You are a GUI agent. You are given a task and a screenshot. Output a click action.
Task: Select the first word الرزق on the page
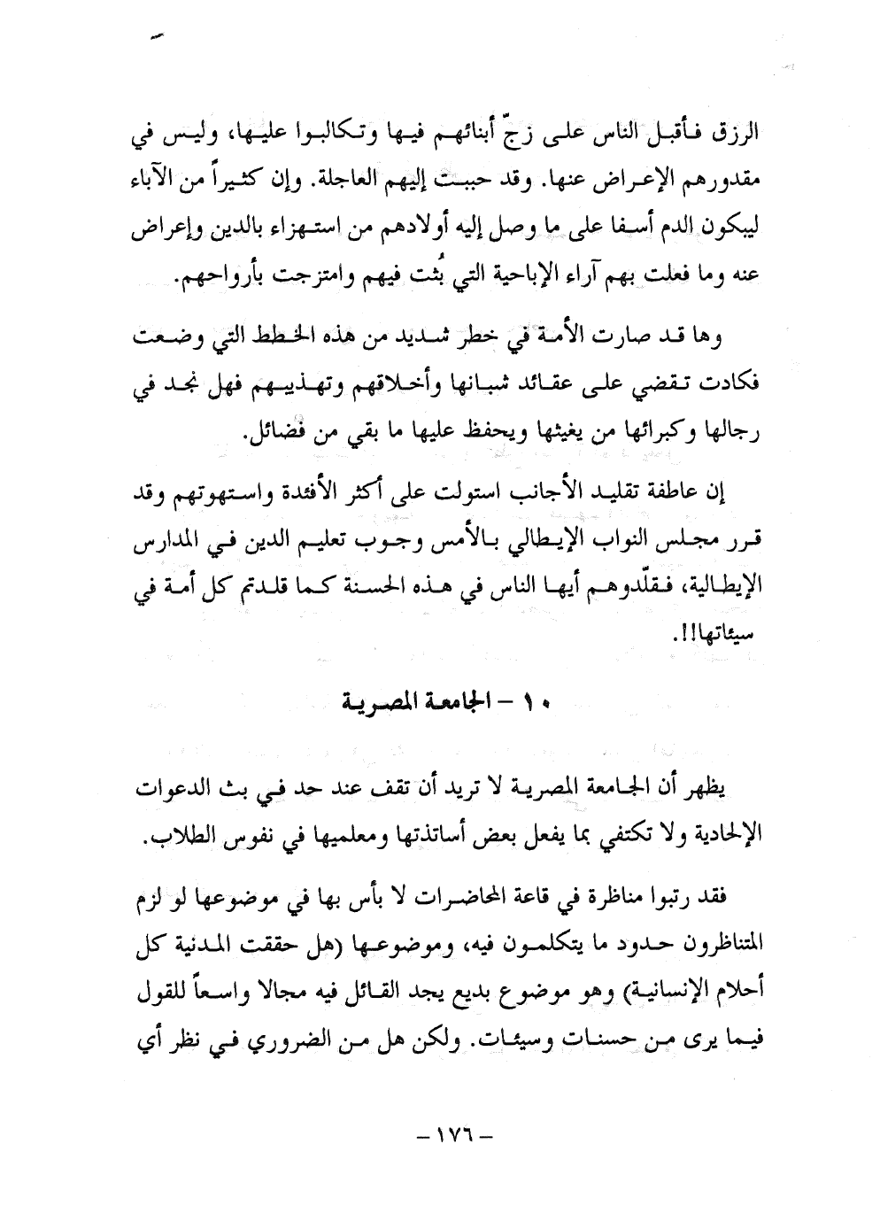coord(737,141)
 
